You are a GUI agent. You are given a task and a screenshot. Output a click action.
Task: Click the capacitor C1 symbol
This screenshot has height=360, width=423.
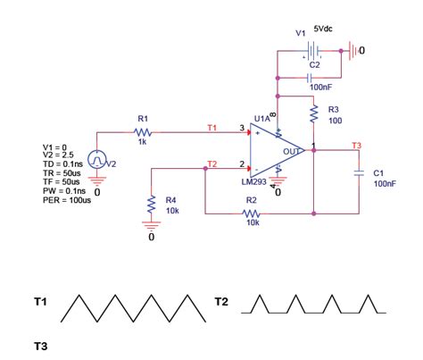359,175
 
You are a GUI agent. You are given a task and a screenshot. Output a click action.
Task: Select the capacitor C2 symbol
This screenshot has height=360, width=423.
309,76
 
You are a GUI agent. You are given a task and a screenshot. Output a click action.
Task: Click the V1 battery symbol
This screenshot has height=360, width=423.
309,51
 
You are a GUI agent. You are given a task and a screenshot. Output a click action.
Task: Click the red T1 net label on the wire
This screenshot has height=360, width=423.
211,128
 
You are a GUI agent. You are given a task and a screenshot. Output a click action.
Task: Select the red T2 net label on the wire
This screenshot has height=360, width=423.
211,163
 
